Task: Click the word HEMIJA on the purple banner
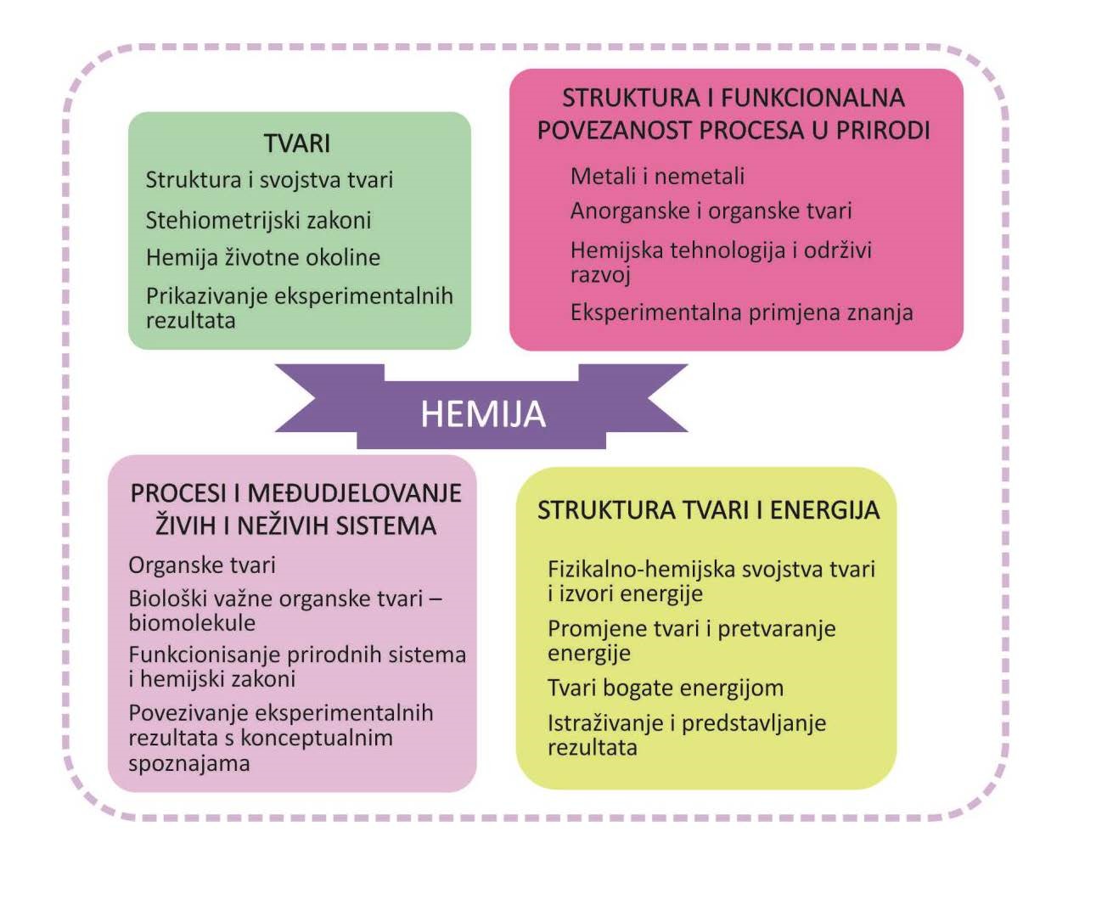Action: click(483, 414)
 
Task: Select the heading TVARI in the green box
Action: click(297, 143)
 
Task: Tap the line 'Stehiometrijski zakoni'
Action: click(258, 220)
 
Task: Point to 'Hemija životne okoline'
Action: click(263, 257)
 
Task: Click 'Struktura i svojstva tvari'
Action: click(269, 180)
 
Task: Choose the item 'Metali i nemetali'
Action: click(657, 177)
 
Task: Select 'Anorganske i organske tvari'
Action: click(711, 211)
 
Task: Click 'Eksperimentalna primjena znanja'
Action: click(742, 313)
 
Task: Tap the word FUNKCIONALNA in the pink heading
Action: click(812, 98)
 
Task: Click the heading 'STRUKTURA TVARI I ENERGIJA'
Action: click(708, 510)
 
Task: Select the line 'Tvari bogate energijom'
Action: click(666, 688)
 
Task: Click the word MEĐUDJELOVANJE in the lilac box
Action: click(354, 493)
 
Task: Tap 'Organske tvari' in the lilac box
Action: click(202, 565)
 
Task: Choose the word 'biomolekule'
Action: click(192, 623)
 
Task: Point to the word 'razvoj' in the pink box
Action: click(600, 275)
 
